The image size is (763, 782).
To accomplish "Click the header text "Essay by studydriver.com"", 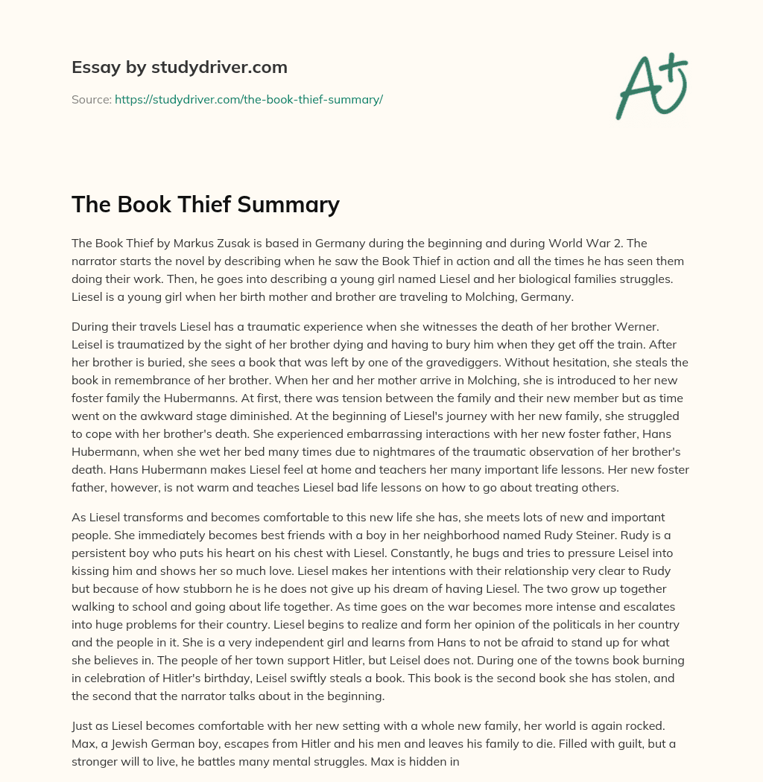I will [179, 67].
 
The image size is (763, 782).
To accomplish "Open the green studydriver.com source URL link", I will [248, 99].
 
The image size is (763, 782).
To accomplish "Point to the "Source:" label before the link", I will [91, 99].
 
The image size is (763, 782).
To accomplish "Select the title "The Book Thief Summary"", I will [206, 204].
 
